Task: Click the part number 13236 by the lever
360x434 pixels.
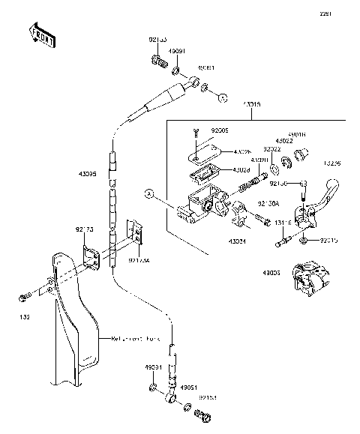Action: click(333, 163)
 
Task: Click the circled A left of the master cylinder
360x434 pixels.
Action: click(150, 194)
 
